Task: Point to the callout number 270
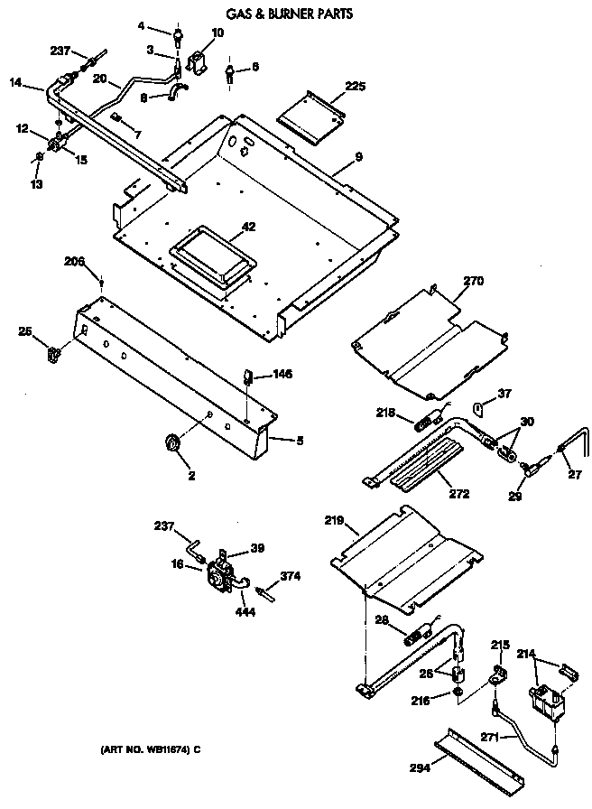coord(474,282)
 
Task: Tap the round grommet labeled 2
coord(169,442)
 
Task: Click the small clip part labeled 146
coord(245,374)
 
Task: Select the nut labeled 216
coord(459,693)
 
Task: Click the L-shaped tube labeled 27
coord(573,450)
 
